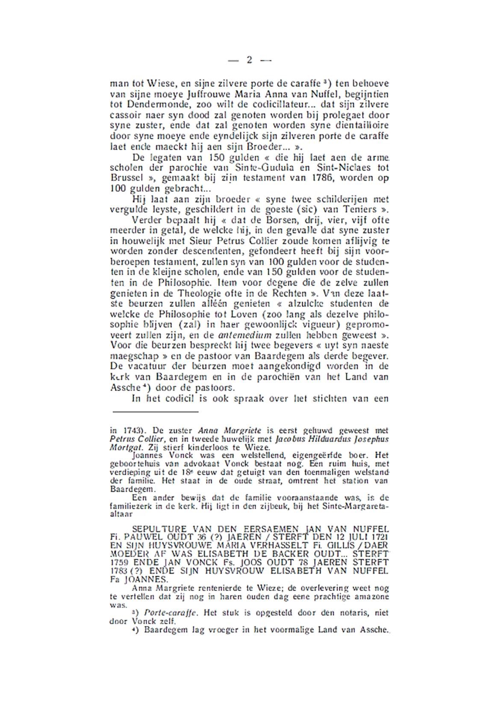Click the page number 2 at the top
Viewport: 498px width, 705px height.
[249, 60]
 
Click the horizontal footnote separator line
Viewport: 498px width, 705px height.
[156, 412]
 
